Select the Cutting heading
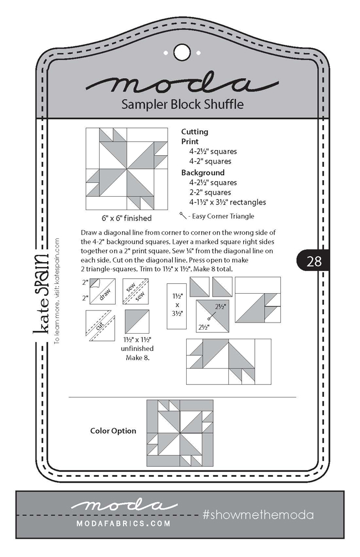coord(195,132)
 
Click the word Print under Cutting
coord(191,142)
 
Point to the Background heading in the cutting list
coord(203,172)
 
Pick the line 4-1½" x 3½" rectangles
coord(219,202)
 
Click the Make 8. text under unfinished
coord(137,358)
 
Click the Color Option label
coord(112,431)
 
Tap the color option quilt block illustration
coord(180,433)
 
